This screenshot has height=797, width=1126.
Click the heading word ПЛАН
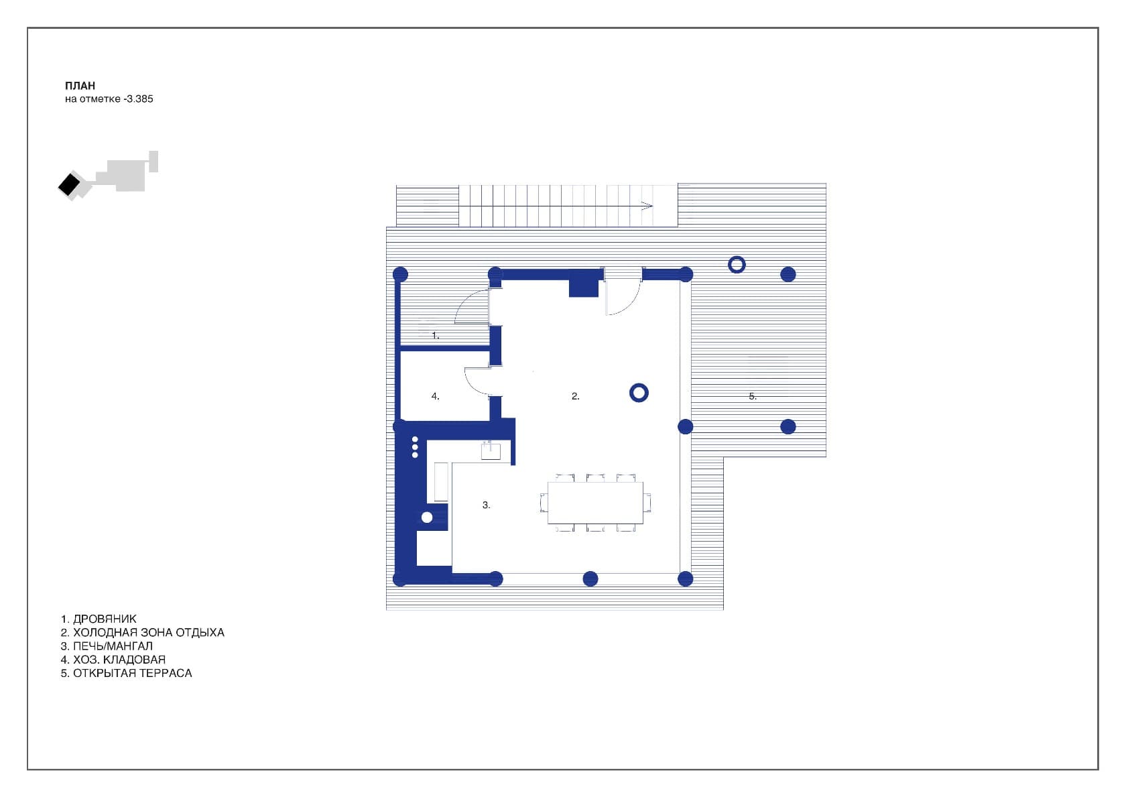[x=80, y=86]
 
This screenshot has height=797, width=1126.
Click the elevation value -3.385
[x=139, y=99]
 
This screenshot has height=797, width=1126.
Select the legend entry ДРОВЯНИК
[x=105, y=619]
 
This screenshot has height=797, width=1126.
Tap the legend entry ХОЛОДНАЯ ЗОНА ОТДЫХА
[x=148, y=632]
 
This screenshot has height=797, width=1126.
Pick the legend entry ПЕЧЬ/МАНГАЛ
[x=113, y=646]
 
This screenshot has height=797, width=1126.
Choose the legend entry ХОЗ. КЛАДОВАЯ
[x=119, y=659]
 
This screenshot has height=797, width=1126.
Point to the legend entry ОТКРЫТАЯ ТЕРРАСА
[x=132, y=673]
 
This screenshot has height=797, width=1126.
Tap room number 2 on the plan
[x=575, y=396]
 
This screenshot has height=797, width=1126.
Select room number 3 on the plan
[x=487, y=505]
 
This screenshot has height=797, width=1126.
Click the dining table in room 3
[x=595, y=502]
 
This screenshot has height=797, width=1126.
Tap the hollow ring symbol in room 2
[x=639, y=393]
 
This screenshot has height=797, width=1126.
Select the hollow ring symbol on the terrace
[x=737, y=265]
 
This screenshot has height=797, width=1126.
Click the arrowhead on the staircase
[x=647, y=206]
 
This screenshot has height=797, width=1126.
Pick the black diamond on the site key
[x=68, y=184]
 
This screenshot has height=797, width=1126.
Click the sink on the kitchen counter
[x=491, y=450]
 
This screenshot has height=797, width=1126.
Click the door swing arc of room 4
[x=472, y=382]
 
